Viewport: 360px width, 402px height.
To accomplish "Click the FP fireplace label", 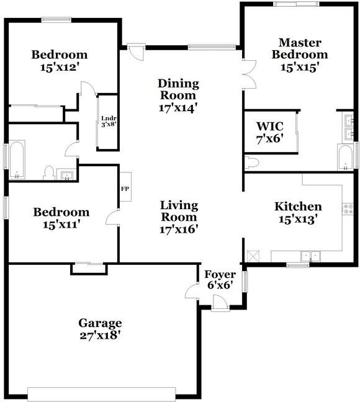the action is click(125, 189).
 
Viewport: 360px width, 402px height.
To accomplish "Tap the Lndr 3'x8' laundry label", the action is click(109, 122).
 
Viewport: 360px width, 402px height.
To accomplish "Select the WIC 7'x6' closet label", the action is click(270, 133).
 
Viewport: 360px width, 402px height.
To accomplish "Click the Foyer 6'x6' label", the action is click(220, 279).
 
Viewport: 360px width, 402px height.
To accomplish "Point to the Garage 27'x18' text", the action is click(100, 329).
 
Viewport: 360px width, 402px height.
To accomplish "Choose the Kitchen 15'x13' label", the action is click(298, 213).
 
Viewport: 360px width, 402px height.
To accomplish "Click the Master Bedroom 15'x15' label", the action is click(300, 55).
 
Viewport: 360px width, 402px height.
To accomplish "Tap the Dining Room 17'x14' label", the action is click(178, 96).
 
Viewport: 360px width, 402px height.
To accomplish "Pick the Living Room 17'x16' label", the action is click(179, 217).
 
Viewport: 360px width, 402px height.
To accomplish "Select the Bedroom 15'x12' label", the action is click(59, 61).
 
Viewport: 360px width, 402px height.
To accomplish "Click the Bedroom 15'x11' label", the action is click(61, 218).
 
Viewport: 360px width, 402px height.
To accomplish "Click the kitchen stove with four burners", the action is click(348, 208).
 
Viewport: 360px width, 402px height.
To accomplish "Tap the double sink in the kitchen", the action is click(311, 256).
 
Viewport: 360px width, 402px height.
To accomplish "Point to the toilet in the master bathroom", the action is click(252, 163).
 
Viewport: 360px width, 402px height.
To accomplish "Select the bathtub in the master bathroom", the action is click(345, 157).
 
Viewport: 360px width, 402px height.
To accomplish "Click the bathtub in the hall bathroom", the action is click(17, 159).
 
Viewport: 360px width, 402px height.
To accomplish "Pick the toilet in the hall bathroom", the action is click(49, 173).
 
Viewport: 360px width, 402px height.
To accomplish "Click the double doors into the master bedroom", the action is click(249, 74).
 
